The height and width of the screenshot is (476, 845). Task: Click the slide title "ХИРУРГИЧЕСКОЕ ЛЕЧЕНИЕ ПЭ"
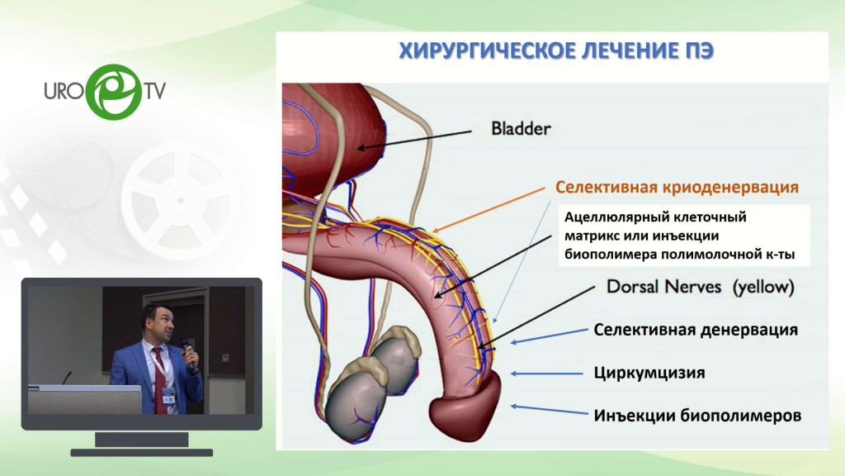pos(556,50)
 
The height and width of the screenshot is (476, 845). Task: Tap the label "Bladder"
pos(521,128)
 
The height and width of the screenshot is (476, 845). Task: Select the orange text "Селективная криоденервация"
pos(677,188)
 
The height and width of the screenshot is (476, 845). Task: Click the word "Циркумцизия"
pos(649,373)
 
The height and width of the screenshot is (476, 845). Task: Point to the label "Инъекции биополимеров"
pos(697,416)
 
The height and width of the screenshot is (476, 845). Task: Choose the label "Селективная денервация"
pos(696,330)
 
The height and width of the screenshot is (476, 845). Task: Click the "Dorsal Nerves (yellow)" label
pos(701,287)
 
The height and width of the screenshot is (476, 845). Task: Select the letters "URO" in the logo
pos(64,91)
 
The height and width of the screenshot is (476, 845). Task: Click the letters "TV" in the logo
pos(154,91)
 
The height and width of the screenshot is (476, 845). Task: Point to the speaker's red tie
pos(159,380)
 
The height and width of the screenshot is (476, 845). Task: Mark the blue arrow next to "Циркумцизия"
pos(546,374)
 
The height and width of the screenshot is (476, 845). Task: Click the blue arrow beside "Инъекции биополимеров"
pos(549,410)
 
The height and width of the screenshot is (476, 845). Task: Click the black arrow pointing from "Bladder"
pos(414,139)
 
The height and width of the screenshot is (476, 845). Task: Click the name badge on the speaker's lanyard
pos(168,396)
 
